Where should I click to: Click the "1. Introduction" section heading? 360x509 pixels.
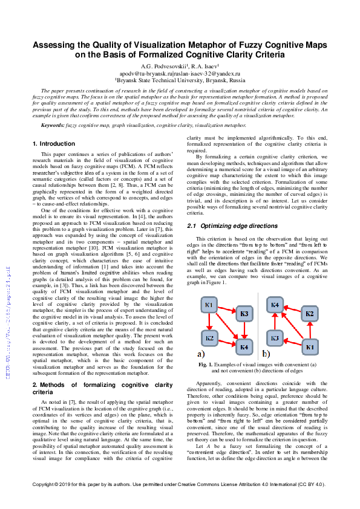(53, 144)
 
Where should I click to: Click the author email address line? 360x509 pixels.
(180, 73)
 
